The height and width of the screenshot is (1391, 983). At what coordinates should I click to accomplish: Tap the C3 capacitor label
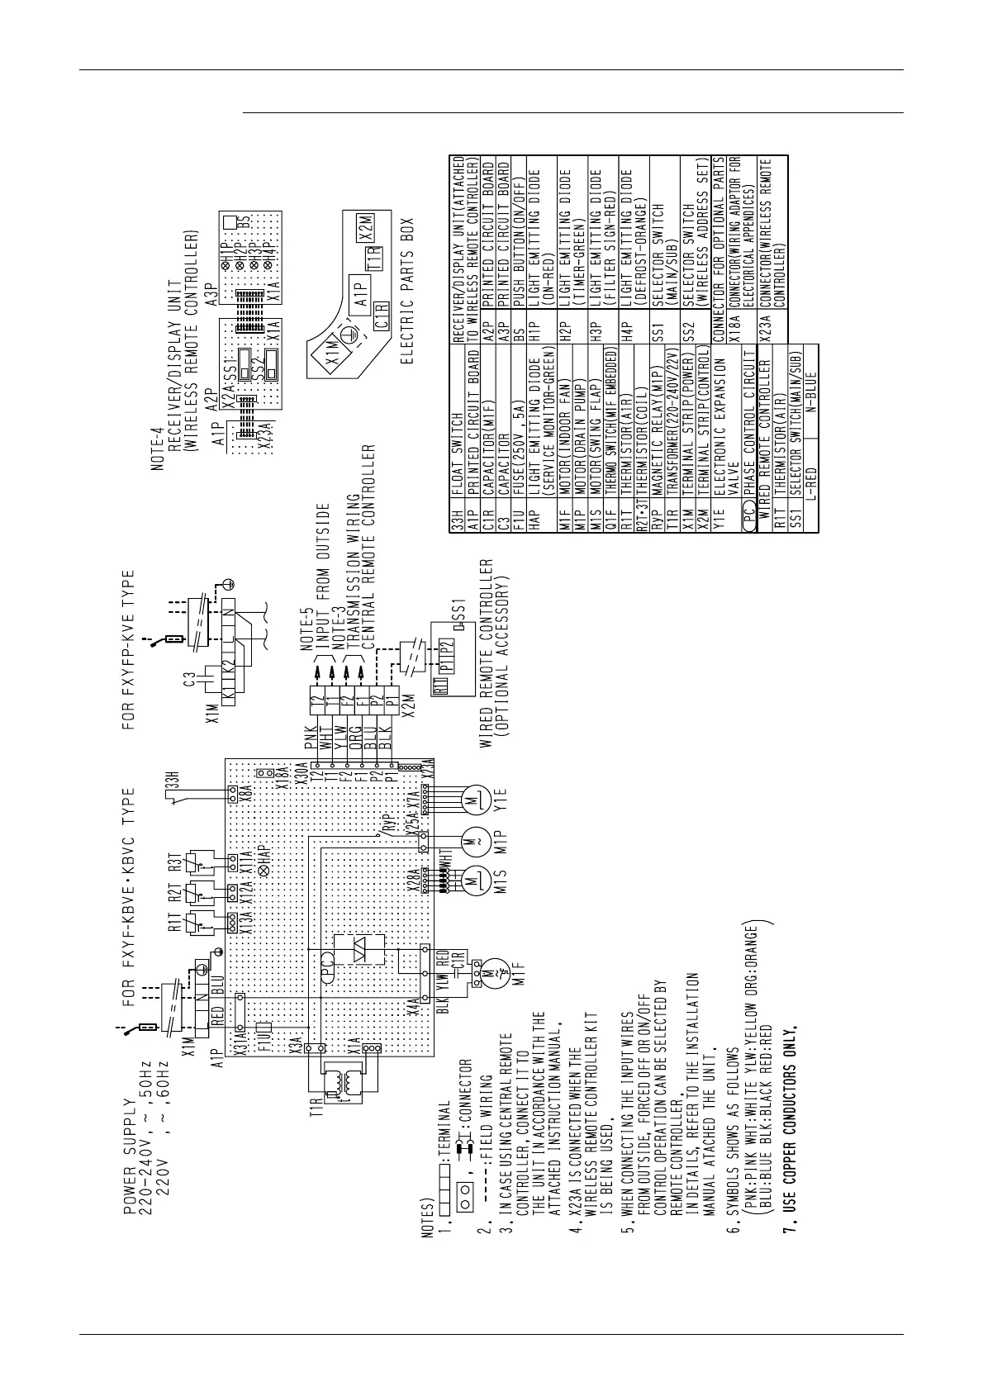[189, 681]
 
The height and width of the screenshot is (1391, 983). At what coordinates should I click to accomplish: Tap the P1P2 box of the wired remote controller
[446, 652]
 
